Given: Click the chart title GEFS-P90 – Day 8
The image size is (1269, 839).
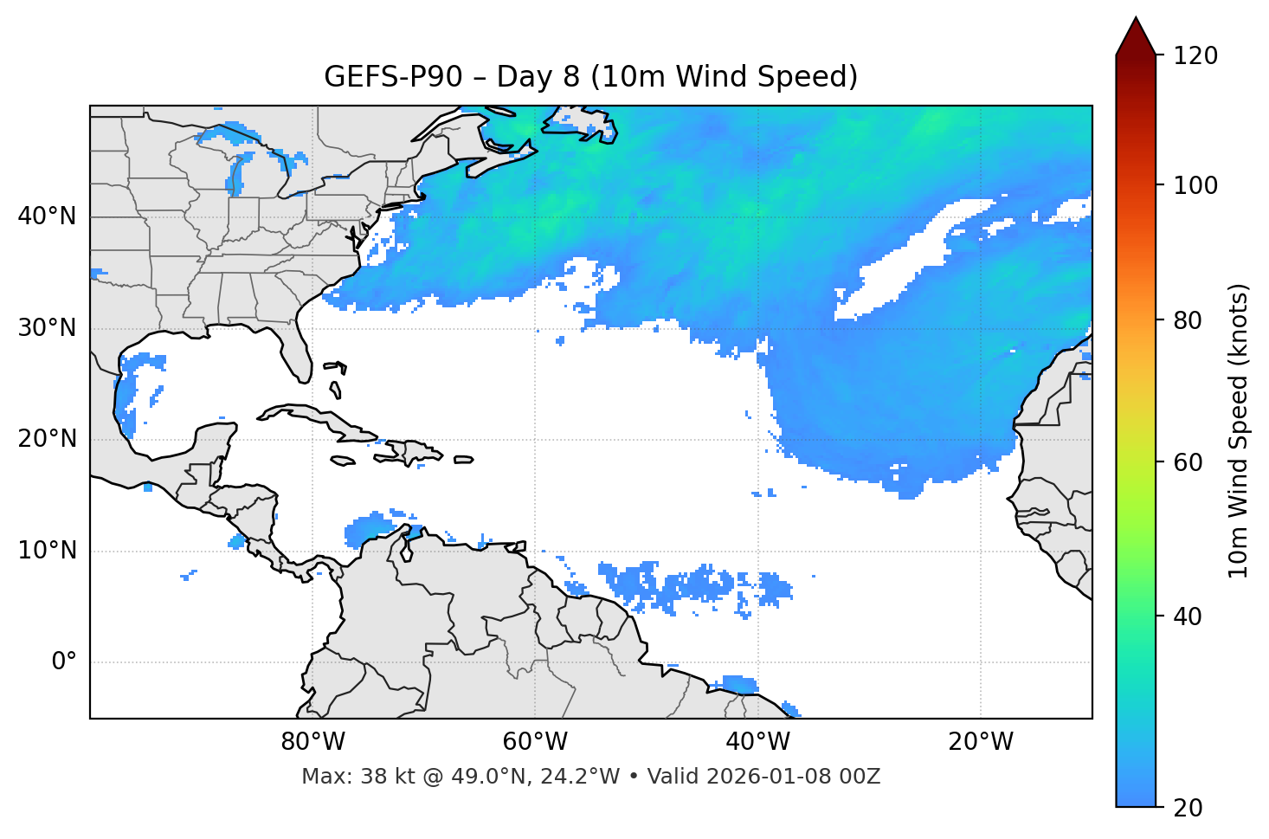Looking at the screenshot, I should pos(590,77).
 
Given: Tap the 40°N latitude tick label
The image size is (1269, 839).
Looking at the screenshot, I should pos(47,216).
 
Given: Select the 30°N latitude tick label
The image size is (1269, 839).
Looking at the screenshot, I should pos(47,328).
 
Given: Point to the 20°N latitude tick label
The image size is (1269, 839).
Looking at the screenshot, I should pos(47,439).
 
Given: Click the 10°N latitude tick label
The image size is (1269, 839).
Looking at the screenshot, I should pos(47,551).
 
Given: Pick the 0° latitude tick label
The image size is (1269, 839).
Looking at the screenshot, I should pos(64,662).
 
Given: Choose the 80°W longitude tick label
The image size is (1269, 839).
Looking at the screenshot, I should pos(312,742).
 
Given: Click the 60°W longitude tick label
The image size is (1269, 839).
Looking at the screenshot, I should pos(535,742).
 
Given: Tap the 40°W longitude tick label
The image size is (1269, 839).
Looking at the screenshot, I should pos(757,742).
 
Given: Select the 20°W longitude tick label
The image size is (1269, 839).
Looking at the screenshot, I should pos(980,742).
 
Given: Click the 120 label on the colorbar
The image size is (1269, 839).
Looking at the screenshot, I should pos(1195,56).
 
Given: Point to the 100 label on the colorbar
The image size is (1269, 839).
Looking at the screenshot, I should pos(1195,185).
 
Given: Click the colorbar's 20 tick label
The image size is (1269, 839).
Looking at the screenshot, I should pos(1188,808).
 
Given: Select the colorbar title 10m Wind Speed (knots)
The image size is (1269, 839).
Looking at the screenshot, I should pos(1239,430).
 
